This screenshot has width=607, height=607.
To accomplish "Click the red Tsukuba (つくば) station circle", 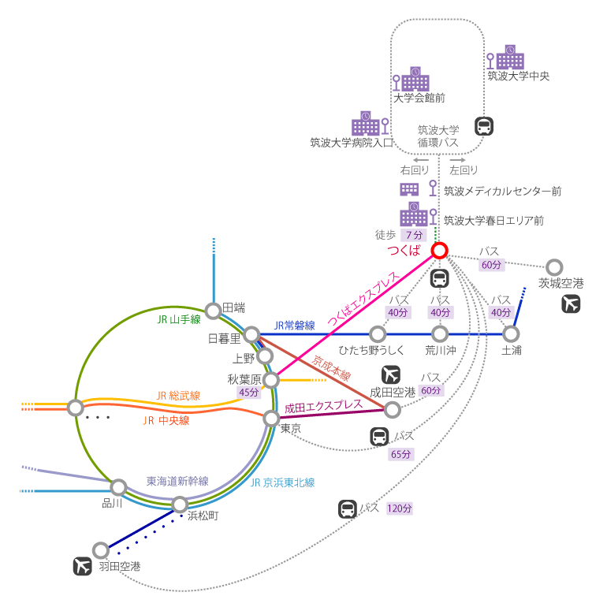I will click(x=440, y=251).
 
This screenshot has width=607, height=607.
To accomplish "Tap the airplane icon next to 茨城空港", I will click(x=572, y=303).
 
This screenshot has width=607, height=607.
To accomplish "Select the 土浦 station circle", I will click(x=512, y=333).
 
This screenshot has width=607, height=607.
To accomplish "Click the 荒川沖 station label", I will click(x=440, y=350).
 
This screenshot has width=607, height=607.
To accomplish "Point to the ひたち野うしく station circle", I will click(x=378, y=333).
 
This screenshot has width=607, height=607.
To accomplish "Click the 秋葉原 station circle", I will click(x=271, y=380).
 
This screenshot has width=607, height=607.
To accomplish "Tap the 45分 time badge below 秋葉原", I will click(x=249, y=393).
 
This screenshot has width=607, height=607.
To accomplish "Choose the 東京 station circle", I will click(x=271, y=418).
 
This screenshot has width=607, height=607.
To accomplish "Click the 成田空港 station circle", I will click(x=392, y=409).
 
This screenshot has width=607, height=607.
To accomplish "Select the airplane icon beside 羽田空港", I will click(x=82, y=566).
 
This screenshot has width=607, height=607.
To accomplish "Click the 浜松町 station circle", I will click(x=180, y=504).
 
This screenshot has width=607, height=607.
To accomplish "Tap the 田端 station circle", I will click(x=213, y=310).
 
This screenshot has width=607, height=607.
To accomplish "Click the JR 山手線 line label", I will click(x=179, y=319).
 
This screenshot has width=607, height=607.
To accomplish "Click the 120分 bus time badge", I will click(x=400, y=508).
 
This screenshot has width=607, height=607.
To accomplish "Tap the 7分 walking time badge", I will click(x=413, y=235).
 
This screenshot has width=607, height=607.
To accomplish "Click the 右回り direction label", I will click(x=415, y=169).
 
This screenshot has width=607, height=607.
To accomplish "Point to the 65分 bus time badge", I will click(x=400, y=454).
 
